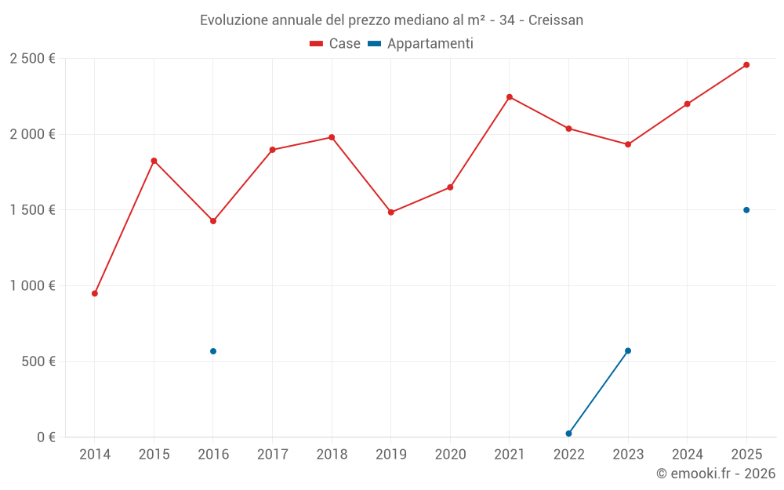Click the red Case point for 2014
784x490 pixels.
95,293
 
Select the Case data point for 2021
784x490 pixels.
510,97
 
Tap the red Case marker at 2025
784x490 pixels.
746,65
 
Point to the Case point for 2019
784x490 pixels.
391,212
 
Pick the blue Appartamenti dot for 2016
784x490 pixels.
213,351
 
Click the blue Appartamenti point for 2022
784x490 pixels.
568,434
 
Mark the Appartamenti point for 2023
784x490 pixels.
628,350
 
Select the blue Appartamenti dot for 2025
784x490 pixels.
746,210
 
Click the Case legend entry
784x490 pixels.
336,44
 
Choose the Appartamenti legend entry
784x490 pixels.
421,44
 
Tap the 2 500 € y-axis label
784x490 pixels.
32,58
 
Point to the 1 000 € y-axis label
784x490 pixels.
32,285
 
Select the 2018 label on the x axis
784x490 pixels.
332,454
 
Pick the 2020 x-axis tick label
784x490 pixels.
450,454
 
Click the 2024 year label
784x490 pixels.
687,454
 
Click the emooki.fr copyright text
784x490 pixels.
716,474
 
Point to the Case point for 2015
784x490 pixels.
154,161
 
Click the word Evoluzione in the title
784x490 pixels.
233,20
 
